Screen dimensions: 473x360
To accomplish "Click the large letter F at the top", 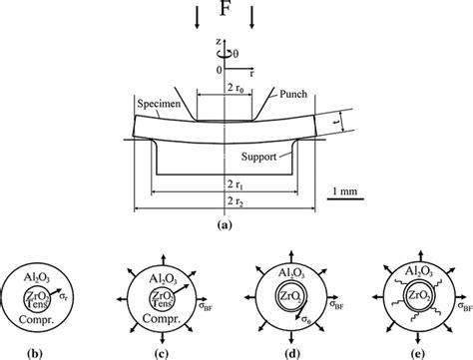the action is (226, 8).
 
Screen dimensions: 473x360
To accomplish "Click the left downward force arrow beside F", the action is (198, 18).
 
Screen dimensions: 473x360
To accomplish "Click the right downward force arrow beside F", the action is (251, 18).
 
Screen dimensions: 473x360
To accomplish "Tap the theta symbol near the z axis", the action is (236, 54).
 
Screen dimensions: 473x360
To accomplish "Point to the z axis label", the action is (219, 41).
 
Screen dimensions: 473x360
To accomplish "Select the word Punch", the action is (293, 94).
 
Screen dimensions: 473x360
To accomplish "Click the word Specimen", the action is (159, 104).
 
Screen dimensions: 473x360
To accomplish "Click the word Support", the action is (258, 157).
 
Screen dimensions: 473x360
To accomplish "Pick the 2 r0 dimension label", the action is (236, 89).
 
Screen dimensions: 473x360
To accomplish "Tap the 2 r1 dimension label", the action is (236, 184).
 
